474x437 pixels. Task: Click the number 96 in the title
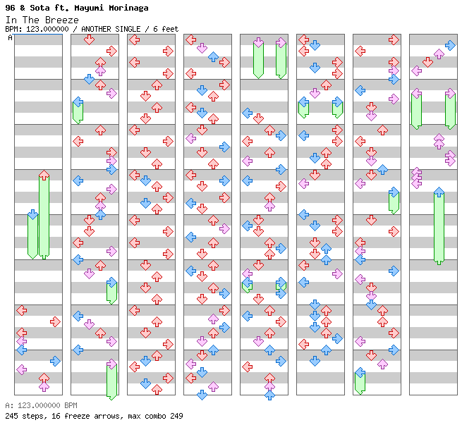[x=10, y=8]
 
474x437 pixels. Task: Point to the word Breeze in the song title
[x=61, y=19]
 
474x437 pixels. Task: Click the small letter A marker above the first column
[x=11, y=37]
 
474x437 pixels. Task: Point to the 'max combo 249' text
[x=156, y=416]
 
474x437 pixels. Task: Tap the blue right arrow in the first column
[x=55, y=361]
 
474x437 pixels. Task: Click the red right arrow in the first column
[x=55, y=321]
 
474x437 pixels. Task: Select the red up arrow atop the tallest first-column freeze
[x=44, y=176]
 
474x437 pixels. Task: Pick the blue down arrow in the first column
[x=32, y=214]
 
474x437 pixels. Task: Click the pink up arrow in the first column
[x=44, y=386]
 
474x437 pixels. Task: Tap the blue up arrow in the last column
[x=439, y=192]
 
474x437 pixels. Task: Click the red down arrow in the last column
[x=427, y=62]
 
